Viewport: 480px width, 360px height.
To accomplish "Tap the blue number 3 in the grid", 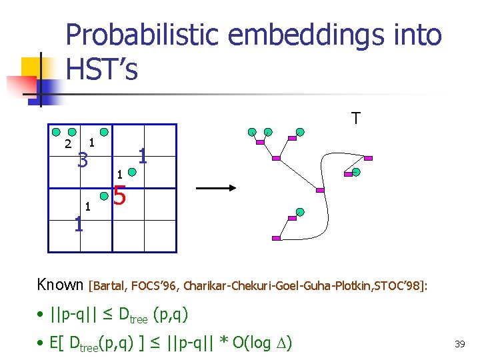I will (83, 160).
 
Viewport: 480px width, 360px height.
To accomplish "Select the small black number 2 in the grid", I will (67, 145).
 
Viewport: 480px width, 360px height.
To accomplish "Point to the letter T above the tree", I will (356, 119).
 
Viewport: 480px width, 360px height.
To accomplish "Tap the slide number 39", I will (459, 344).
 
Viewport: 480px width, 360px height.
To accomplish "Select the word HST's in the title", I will (102, 69).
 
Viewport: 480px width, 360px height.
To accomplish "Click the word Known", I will (60, 285).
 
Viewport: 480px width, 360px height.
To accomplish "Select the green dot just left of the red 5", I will (105, 196).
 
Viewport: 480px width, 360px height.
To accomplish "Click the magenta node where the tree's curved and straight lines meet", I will (320, 190).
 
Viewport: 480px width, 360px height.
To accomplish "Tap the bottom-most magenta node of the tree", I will (276, 238).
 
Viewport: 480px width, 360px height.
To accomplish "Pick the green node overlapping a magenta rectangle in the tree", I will (355, 172).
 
